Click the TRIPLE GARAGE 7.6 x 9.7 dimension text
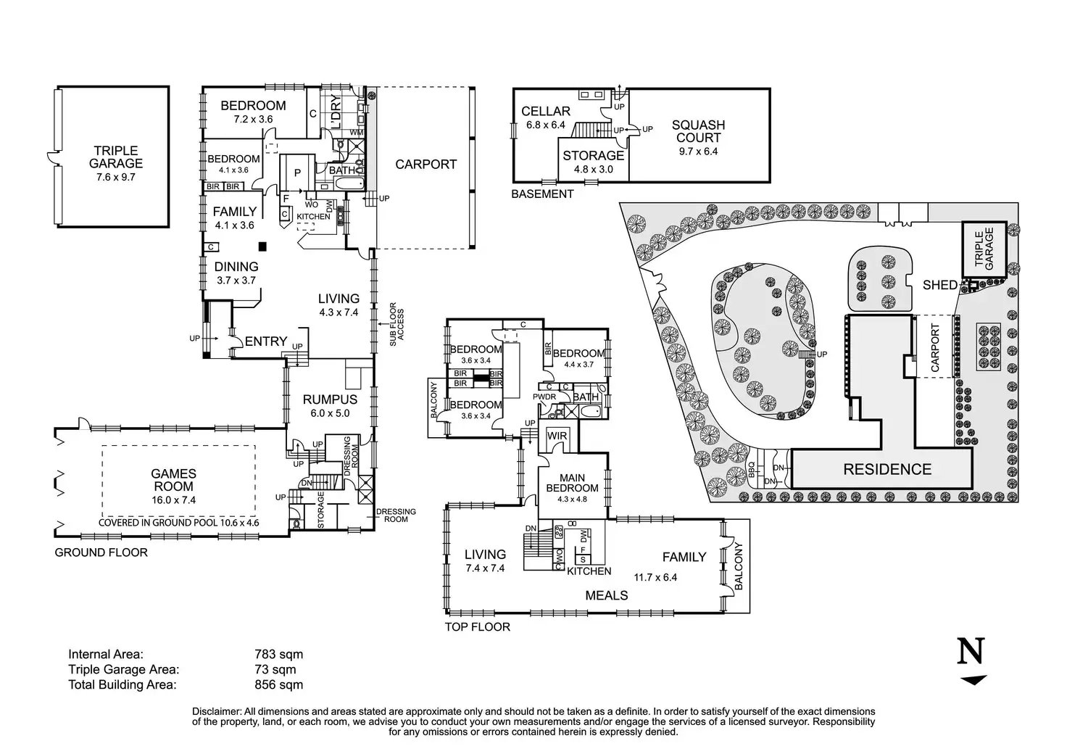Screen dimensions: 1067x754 116,177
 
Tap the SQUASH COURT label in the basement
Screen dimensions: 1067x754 698,131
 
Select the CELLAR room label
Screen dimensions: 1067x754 545,112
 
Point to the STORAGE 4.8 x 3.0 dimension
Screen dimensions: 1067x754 593,169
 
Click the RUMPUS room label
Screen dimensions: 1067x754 330,399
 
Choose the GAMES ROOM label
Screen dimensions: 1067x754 173,480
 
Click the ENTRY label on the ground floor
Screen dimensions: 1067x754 266,341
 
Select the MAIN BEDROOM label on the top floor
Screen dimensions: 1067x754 572,483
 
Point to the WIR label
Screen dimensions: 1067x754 557,436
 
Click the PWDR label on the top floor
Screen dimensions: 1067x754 544,397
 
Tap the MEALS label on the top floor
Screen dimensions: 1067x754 607,595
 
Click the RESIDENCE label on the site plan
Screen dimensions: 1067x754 887,469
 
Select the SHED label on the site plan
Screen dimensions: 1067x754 940,285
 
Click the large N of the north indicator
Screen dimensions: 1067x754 971,651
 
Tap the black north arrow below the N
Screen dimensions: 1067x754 973,680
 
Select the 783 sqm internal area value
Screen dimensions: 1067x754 278,655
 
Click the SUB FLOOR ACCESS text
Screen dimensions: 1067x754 397,324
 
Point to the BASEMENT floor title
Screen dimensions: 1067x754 542,194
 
